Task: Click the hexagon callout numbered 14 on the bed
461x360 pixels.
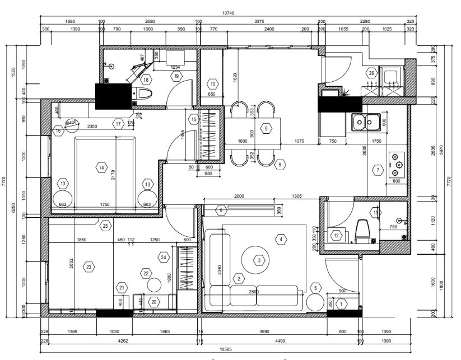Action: pyautogui.click(x=101, y=167)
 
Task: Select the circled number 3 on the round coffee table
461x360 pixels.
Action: pyautogui.click(x=259, y=260)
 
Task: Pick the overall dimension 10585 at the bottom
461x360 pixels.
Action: pyautogui.click(x=226, y=348)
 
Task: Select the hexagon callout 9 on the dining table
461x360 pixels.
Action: pyautogui.click(x=266, y=128)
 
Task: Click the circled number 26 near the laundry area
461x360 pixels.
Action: pyautogui.click(x=371, y=73)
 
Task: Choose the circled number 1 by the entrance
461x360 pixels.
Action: pyautogui.click(x=343, y=303)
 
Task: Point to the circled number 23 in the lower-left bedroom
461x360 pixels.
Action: pyautogui.click(x=89, y=267)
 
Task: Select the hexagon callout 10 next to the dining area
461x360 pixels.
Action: pyautogui.click(x=213, y=84)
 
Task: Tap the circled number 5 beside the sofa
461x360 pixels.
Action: pyautogui.click(x=316, y=288)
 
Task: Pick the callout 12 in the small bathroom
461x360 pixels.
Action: pyautogui.click(x=336, y=236)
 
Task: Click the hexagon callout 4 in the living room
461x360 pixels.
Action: pyautogui.click(x=280, y=239)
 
